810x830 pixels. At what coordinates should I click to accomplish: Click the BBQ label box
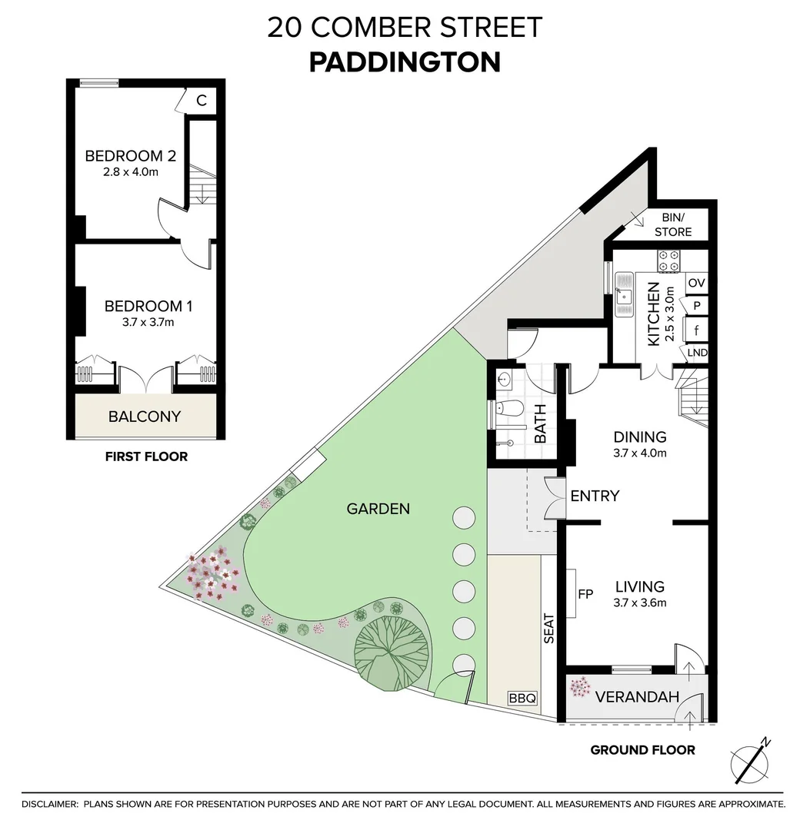(x=522, y=699)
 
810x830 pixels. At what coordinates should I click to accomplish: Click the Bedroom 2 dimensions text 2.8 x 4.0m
(x=130, y=172)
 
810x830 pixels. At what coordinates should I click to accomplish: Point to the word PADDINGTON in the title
(x=405, y=62)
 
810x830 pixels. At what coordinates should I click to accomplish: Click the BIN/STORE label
(x=672, y=224)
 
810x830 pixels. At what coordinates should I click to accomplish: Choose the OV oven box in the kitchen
(x=696, y=283)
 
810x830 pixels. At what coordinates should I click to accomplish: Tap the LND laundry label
(x=697, y=353)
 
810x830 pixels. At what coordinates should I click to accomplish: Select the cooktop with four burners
(x=668, y=260)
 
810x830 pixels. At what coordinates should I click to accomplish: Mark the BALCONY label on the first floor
(x=145, y=417)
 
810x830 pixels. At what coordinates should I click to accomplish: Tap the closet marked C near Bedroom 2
(x=202, y=100)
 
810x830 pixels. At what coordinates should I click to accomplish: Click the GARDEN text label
(x=378, y=508)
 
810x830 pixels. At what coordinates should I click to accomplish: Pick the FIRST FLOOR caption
(x=146, y=456)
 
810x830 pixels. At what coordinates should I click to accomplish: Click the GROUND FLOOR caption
(x=642, y=750)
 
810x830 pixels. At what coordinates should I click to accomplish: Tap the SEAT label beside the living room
(x=549, y=628)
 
